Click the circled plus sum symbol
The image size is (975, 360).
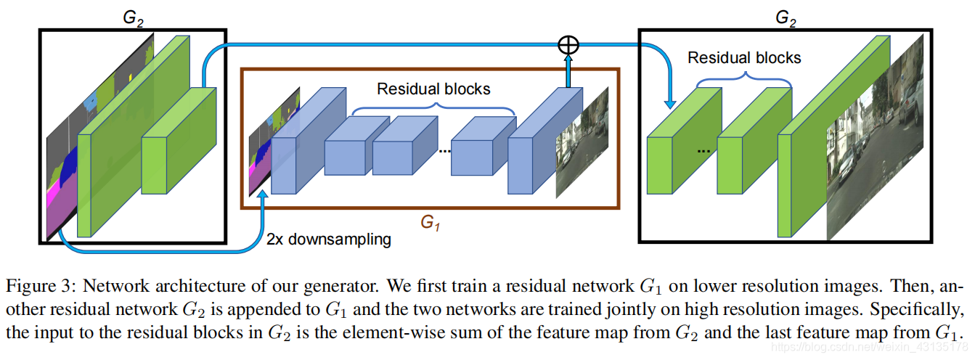[568, 44]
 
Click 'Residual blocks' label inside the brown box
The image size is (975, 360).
[433, 89]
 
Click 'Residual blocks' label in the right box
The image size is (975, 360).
[744, 57]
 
